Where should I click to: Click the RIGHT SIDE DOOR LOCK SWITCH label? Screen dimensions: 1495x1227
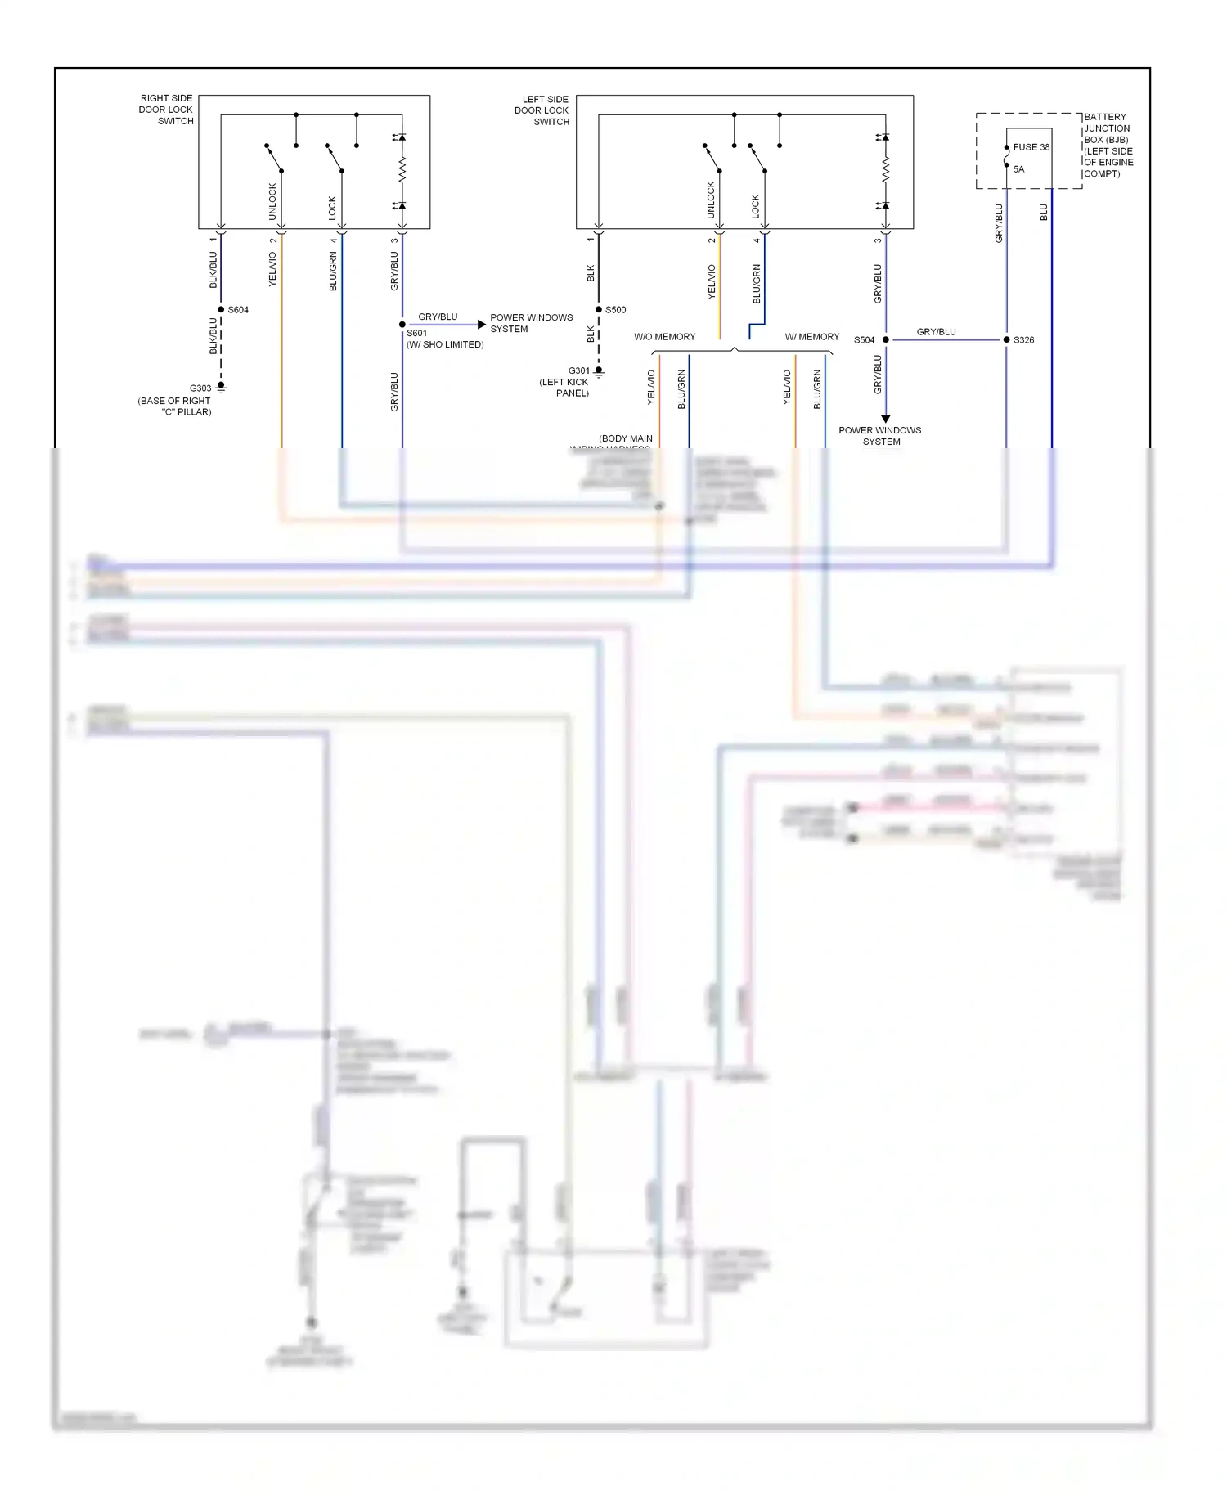[x=167, y=110]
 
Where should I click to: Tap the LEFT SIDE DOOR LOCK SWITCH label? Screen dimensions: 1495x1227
[x=543, y=110]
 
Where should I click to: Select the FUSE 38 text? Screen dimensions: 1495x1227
[x=1031, y=147]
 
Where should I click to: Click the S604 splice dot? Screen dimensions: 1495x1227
[x=221, y=309]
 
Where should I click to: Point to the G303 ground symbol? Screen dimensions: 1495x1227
[x=221, y=388]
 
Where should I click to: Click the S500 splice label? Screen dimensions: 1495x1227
[x=616, y=310]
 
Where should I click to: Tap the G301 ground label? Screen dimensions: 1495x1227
[x=578, y=370]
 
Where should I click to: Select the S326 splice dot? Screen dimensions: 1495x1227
[x=1006, y=339]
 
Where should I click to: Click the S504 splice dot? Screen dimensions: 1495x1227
[x=886, y=339]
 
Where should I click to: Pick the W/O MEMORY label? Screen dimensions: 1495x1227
[x=664, y=337]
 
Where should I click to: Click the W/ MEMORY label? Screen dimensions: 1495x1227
[x=811, y=337]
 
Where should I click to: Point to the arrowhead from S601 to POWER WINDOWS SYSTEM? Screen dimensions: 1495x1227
[x=482, y=325]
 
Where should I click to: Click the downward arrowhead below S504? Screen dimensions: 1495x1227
[x=886, y=418]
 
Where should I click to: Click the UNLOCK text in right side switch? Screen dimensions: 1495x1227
[x=273, y=200]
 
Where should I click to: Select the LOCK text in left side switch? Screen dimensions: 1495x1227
[x=756, y=206]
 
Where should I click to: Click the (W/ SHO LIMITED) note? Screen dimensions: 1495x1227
[x=445, y=344]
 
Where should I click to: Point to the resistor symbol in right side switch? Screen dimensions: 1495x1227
[x=402, y=171]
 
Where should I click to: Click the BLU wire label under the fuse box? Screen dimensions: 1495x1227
[x=1044, y=213]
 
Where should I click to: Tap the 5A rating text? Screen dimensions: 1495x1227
[x=1018, y=169]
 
